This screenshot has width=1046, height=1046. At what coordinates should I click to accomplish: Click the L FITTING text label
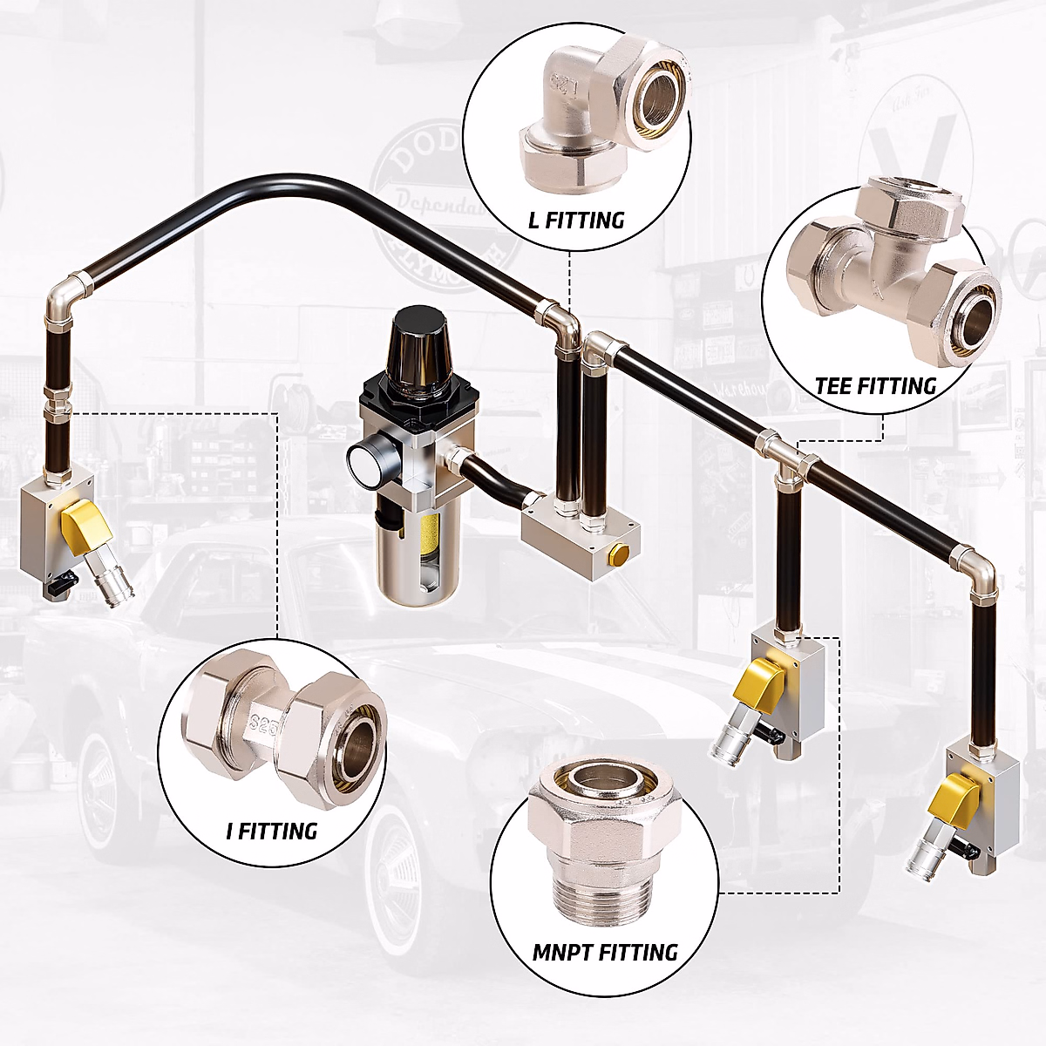click(576, 220)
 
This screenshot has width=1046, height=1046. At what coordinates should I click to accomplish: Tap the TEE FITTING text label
click(875, 385)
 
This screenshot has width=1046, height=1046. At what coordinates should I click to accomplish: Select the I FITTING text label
click(271, 831)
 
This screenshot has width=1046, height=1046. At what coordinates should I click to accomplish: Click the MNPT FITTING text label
click(605, 952)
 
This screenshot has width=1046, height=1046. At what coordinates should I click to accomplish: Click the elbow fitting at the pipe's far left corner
click(66, 296)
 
